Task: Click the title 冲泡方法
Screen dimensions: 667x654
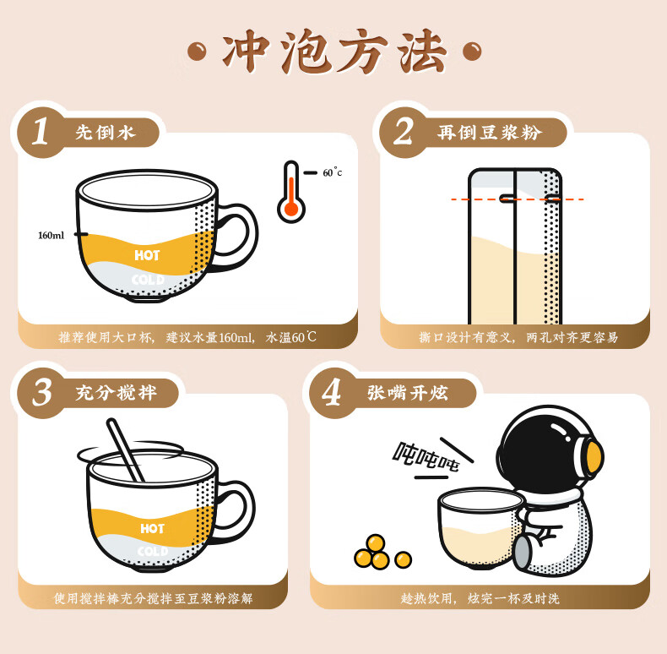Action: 334,52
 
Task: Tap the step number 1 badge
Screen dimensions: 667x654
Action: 41,132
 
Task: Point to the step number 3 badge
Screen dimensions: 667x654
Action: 42,393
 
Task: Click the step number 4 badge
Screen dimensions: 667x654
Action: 331,393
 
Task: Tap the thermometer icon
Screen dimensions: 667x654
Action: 291,192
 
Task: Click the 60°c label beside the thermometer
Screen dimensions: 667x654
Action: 332,172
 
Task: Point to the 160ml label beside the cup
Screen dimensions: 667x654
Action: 51,235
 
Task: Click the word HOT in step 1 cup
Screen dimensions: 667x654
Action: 147,255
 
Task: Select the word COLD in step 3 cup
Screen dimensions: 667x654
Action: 153,552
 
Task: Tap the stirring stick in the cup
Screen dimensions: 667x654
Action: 125,450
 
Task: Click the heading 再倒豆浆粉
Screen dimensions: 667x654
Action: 490,133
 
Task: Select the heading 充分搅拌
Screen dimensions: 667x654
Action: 117,393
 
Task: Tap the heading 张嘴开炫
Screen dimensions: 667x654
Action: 408,393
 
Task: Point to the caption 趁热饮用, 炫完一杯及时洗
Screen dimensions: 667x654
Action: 480,598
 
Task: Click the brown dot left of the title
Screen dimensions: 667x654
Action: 197,52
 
